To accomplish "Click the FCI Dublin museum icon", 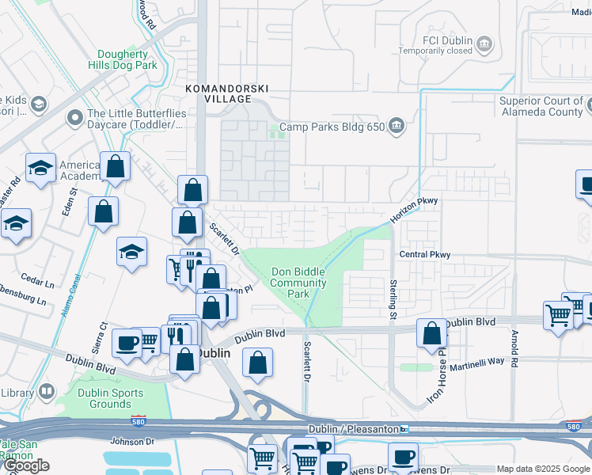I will pos(486,43).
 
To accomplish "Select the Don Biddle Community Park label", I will pos(298,283).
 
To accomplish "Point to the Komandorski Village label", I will pos(218,93).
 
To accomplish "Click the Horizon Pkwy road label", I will pos(413,210).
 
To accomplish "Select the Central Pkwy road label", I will pos(425,255).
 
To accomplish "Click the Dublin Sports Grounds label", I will pos(111,398).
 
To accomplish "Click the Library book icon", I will pos(47,392).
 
